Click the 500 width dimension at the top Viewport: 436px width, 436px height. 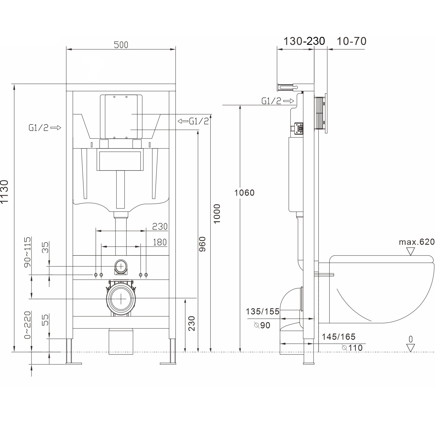(x=121, y=45)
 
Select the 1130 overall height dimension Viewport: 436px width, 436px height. (x=4, y=192)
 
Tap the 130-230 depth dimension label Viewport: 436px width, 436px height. (x=304, y=41)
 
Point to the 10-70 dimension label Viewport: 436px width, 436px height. (x=351, y=41)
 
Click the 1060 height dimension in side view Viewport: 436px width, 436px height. (x=244, y=193)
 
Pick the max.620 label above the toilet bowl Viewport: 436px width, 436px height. (x=416, y=242)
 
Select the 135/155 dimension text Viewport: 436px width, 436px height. (x=263, y=311)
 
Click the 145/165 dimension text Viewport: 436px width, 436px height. (x=339, y=337)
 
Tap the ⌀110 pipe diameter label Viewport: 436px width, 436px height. (x=352, y=348)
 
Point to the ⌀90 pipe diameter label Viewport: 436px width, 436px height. (x=262, y=325)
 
